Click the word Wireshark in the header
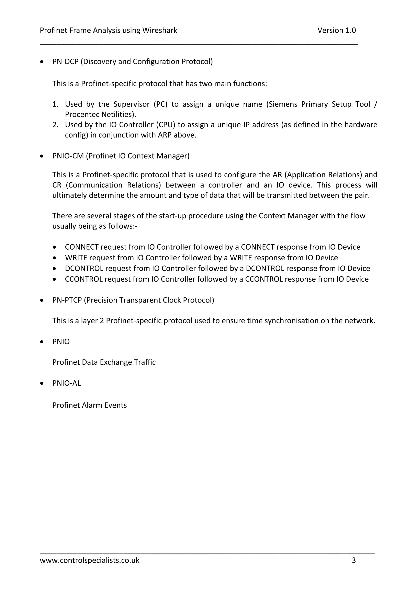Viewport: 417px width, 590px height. [160, 30]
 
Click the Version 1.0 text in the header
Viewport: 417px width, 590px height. [336, 30]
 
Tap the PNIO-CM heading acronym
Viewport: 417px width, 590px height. [68, 156]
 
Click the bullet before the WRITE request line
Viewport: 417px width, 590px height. [54, 258]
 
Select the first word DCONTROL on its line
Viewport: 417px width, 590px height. [84, 268]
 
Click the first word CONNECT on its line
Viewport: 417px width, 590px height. [82, 247]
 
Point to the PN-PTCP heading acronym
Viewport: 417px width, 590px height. [67, 300]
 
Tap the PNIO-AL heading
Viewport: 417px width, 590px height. [66, 383]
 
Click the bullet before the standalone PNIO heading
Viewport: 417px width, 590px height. [42, 342]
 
